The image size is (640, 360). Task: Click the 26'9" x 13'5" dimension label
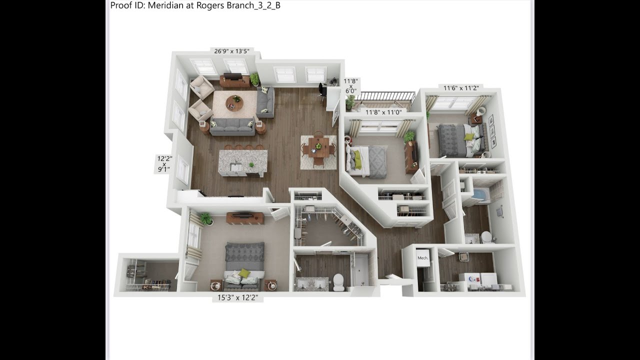point(231,51)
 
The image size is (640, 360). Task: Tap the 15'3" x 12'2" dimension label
point(237,297)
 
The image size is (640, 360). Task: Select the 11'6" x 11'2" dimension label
point(461,88)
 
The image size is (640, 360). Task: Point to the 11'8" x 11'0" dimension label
point(383,112)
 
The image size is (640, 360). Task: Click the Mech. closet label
point(423,258)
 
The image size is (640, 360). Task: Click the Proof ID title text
point(195,5)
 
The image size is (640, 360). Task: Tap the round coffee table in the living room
point(234,103)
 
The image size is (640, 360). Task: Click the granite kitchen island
point(243,162)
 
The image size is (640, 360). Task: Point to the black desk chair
point(322,90)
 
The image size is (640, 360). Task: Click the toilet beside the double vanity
point(339,282)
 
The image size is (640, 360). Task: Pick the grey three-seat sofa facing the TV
point(232,127)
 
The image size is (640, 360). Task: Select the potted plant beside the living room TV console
point(254,79)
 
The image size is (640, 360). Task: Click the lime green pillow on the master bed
point(243,273)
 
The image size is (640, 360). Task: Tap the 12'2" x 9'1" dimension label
point(164,163)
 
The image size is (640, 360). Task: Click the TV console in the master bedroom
point(245,217)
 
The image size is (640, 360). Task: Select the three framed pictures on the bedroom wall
point(491,131)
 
